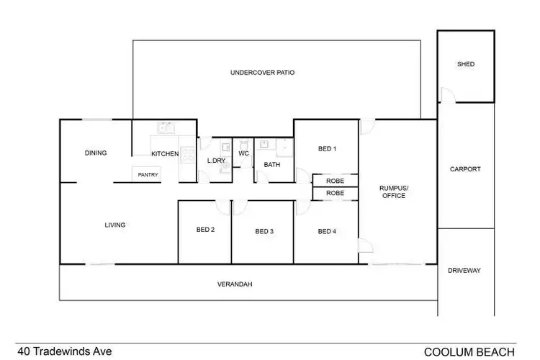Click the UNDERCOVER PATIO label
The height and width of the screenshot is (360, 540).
click(262, 73)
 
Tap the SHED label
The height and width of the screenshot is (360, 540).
click(466, 64)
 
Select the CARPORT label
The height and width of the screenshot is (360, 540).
click(465, 169)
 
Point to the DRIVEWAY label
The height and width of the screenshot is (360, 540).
click(464, 271)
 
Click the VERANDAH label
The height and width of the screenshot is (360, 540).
click(235, 284)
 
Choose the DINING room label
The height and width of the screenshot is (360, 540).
click(96, 153)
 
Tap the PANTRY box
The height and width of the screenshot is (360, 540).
click(148, 175)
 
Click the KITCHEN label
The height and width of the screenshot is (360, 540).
click(164, 154)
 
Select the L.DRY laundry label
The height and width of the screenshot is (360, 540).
click(216, 161)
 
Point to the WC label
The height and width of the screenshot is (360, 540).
click(243, 153)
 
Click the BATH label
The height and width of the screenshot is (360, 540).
click(271, 165)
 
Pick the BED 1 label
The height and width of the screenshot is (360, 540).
click(327, 149)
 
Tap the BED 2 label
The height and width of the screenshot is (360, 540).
click(206, 230)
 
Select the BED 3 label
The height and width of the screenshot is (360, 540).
click(264, 231)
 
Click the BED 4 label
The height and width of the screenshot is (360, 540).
click(327, 231)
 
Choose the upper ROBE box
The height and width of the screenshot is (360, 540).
click(335, 181)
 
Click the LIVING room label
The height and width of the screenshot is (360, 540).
click(115, 225)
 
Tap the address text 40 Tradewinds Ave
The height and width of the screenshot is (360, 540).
click(65, 351)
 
